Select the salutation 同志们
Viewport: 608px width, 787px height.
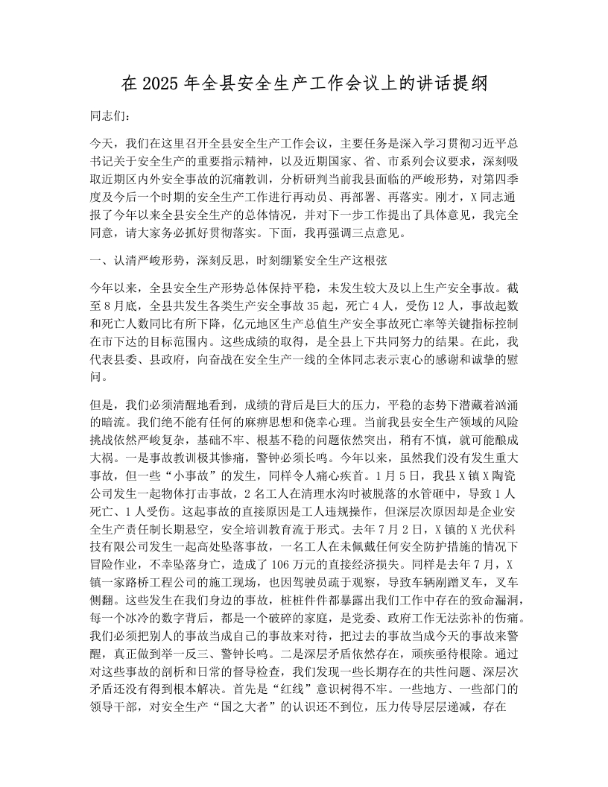pos(109,118)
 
